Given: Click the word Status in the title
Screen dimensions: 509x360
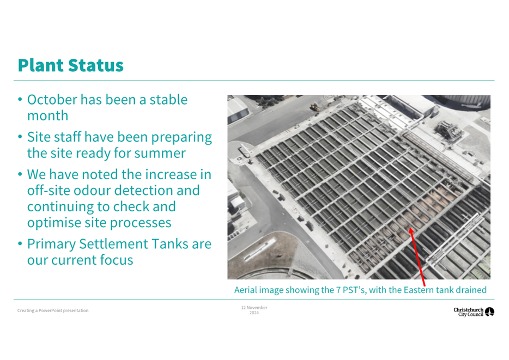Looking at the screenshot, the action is (96, 65).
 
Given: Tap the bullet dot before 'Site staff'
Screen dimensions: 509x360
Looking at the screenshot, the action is (20, 137).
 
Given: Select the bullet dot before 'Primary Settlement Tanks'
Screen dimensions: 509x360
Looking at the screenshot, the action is (20, 244).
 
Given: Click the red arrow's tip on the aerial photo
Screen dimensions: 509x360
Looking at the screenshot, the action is (410, 228).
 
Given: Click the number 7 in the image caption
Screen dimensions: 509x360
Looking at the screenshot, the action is (338, 290).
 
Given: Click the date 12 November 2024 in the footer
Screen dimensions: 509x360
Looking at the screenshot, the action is (254, 310).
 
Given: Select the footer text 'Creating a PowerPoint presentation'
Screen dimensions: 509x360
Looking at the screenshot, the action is (53, 310).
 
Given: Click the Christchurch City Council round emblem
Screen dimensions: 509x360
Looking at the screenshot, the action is (489, 312).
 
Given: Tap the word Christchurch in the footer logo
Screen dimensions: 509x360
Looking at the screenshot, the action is (469, 310).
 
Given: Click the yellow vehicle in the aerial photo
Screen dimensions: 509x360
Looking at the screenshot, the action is (314, 107).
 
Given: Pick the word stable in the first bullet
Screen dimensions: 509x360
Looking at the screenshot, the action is (168, 100).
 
